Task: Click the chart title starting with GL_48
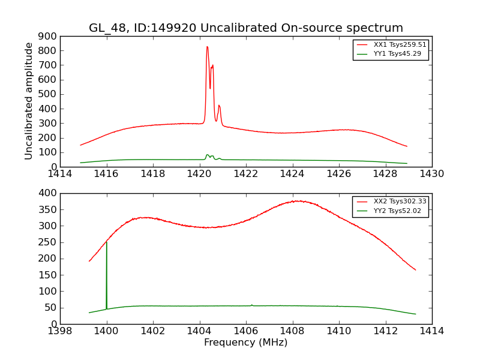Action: pyautogui.click(x=246, y=28)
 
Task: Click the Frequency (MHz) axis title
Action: pyautogui.click(x=246, y=343)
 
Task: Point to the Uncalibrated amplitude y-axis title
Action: pyautogui.click(x=29, y=101)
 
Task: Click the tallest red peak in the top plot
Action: pyautogui.click(x=207, y=47)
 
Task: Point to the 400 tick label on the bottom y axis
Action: pyautogui.click(x=49, y=193)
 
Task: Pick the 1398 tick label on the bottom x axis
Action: pyautogui.click(x=60, y=331)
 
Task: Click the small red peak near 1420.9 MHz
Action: pyautogui.click(x=219, y=106)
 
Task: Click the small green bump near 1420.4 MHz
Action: pyautogui.click(x=208, y=155)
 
